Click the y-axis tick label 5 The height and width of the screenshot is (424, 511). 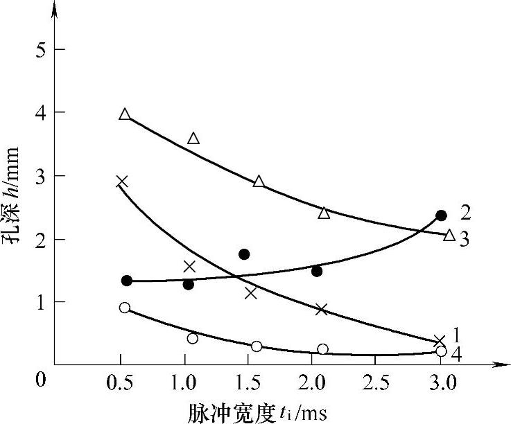tap(41, 49)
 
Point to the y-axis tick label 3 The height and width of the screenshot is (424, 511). tap(41, 177)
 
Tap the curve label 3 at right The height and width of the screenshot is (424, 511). tap(465, 240)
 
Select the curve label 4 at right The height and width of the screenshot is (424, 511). tap(458, 353)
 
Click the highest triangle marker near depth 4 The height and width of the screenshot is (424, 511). tap(125, 114)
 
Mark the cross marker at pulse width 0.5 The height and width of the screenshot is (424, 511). tap(121, 182)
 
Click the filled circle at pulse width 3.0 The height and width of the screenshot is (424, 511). tap(441, 215)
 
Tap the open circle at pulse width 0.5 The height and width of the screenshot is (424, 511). tap(125, 308)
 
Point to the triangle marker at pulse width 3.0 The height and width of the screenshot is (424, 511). tap(449, 236)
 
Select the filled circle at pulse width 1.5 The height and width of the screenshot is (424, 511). tap(244, 254)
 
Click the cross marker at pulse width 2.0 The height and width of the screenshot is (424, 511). tap(321, 309)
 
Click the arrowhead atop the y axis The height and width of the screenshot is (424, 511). tap(55, 8)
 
